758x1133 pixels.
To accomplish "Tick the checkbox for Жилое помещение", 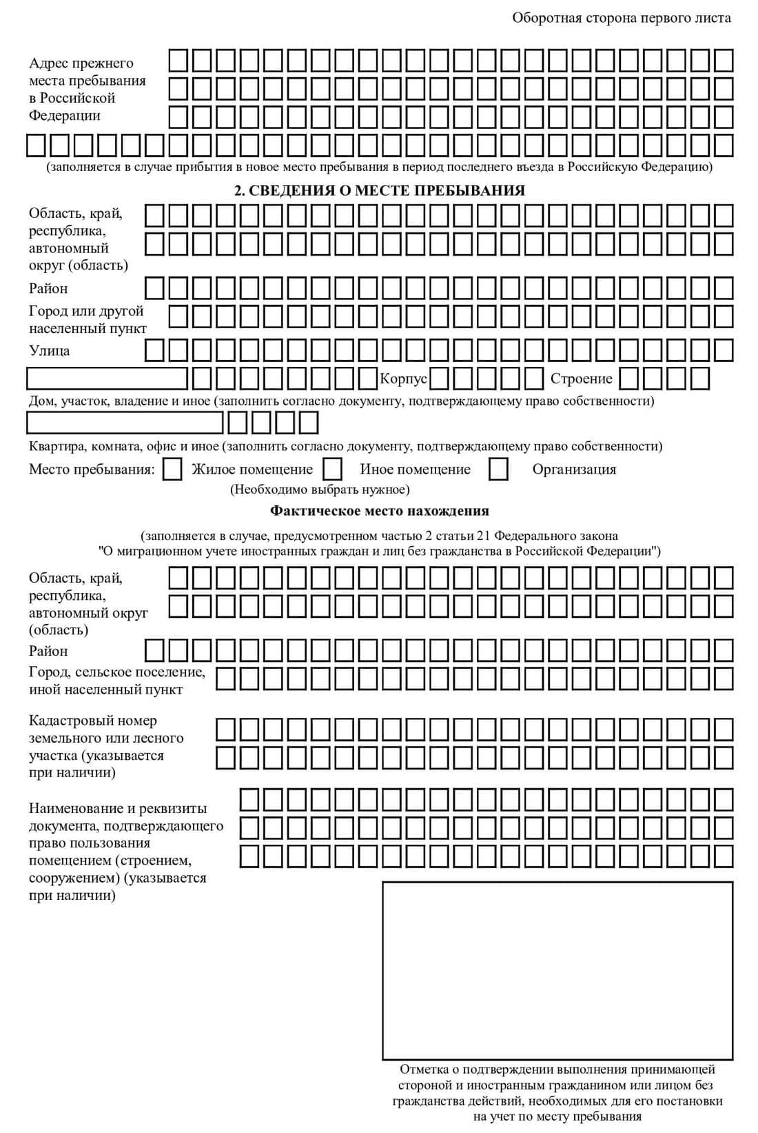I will point(173,470).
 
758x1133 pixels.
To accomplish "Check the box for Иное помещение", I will point(333,470).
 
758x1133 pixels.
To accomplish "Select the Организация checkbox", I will point(498,470).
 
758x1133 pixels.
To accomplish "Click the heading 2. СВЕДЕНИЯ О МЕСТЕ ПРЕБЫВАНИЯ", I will point(380,191).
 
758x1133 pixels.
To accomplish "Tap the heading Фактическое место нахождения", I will point(380,511).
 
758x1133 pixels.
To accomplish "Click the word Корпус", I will point(404,379).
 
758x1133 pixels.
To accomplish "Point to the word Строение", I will point(581,379).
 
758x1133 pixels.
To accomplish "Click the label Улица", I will point(50,350).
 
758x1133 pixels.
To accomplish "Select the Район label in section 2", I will point(48,288).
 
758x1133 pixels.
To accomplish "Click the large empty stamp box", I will point(557,970).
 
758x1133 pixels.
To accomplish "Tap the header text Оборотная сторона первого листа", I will point(621,18).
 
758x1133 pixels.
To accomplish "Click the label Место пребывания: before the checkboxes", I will point(92,470).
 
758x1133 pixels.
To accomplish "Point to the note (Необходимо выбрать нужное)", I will point(320,490).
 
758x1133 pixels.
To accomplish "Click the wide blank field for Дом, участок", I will point(107,379).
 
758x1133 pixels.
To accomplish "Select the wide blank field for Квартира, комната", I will point(125,422).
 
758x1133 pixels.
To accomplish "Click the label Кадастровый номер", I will point(93,721).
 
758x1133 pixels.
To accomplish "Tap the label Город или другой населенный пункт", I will point(88,319).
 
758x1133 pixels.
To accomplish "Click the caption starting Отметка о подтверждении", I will point(557,1093).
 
